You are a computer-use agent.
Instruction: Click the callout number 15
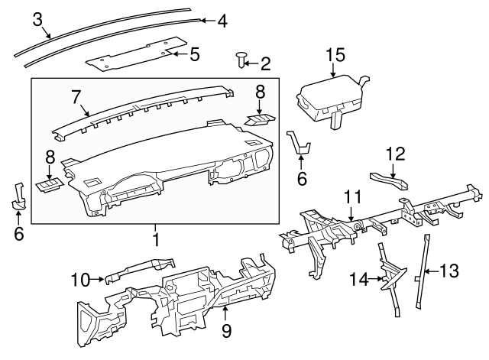tap(335, 55)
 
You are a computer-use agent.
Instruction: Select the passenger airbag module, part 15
tap(329, 95)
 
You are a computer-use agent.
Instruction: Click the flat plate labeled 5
tap(130, 55)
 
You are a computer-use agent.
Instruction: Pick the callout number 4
tap(222, 21)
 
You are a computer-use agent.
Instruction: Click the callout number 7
tap(76, 97)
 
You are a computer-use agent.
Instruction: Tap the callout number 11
tap(351, 197)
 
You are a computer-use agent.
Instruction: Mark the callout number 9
tap(226, 329)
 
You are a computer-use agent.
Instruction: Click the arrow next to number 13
tap(429, 271)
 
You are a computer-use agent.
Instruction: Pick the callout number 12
tap(394, 154)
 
